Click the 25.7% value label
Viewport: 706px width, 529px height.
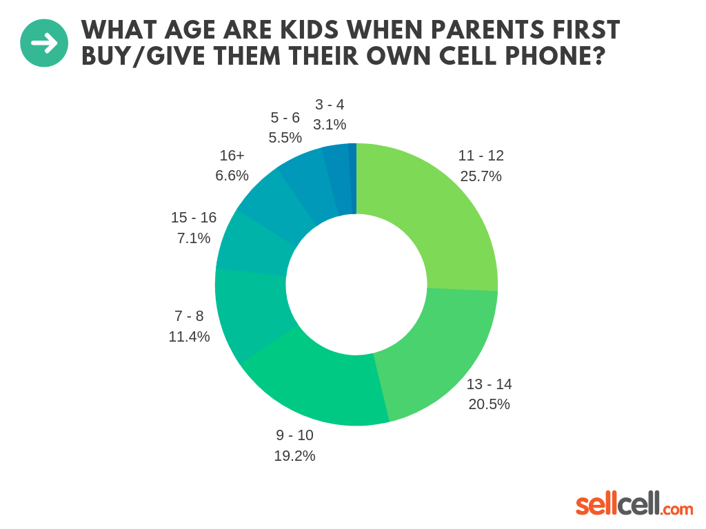coord(481,176)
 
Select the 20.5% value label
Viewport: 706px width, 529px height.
coord(489,404)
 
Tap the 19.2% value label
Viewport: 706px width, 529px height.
coord(294,455)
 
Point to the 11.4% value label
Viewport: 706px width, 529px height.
coord(189,337)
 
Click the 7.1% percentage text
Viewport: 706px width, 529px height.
coord(194,238)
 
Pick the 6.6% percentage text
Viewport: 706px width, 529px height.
coord(232,176)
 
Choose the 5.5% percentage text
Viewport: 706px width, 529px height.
coord(285,138)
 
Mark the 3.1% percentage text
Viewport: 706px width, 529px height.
coord(329,125)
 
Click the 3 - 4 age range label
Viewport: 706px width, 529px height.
coord(329,105)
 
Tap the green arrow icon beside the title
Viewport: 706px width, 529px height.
coord(44,43)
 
